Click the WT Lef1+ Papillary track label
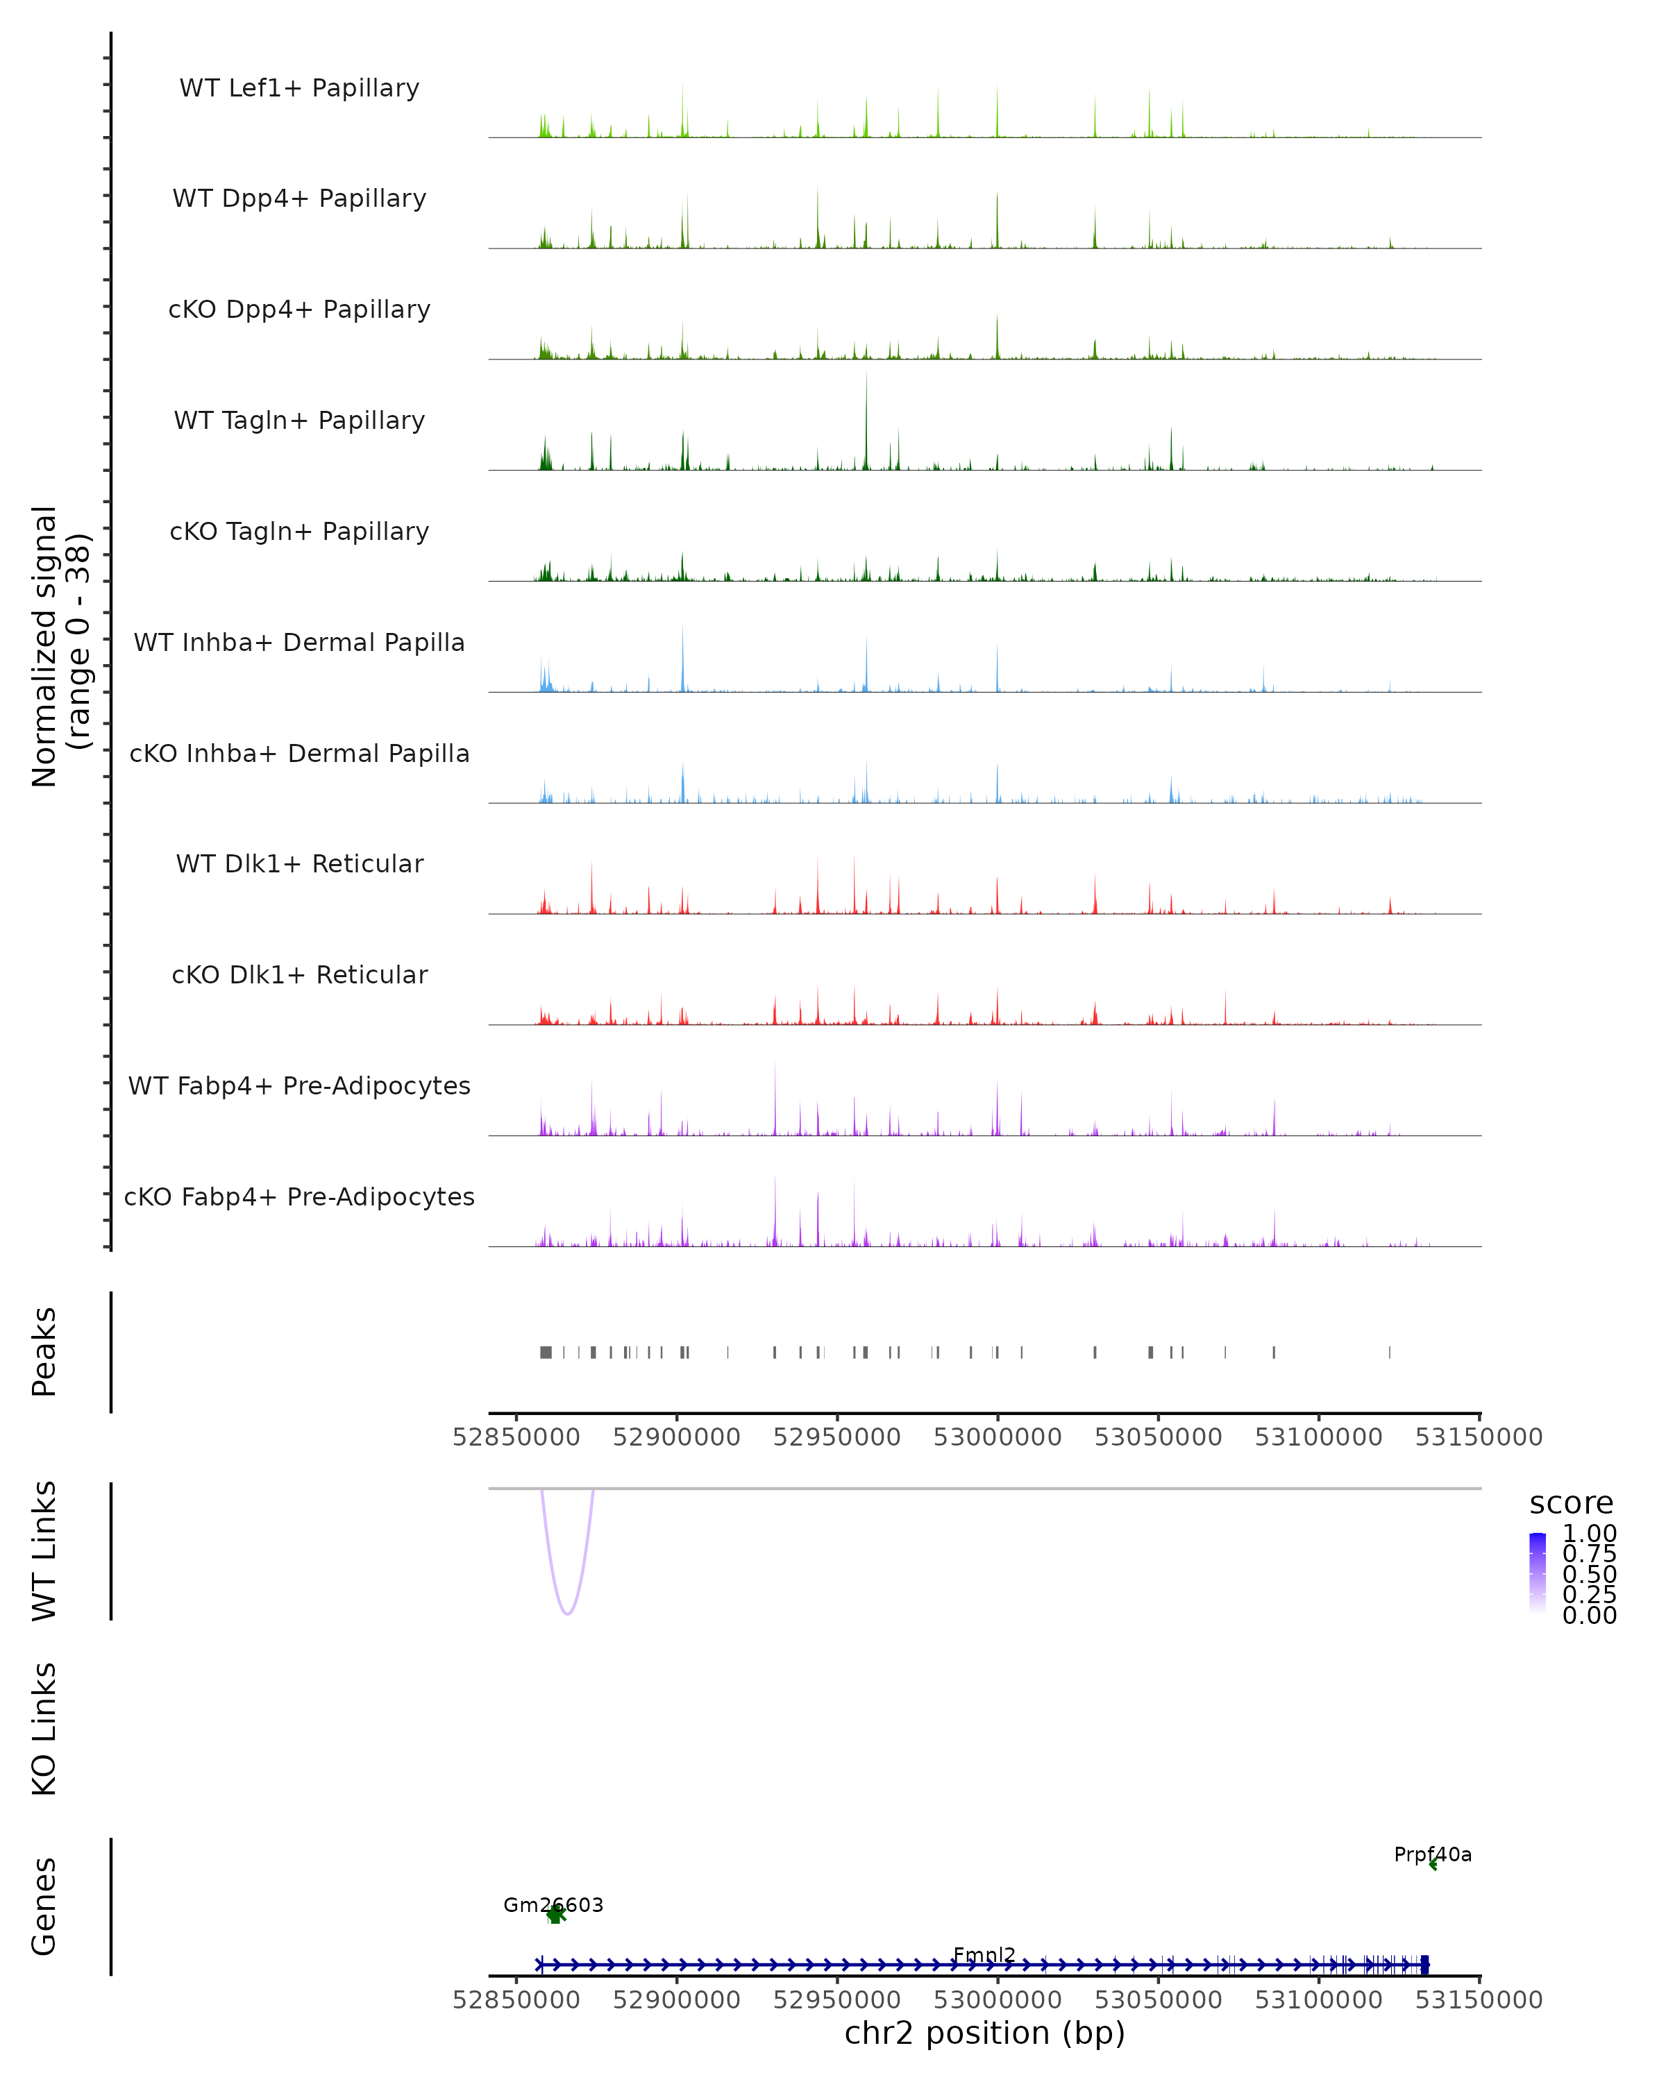[299, 88]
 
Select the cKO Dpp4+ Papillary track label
[299, 309]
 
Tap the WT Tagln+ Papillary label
[299, 420]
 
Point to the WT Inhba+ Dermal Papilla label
[299, 642]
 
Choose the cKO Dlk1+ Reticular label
[299, 974]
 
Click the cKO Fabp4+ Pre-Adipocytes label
[299, 1196]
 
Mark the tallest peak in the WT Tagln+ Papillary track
[866, 377]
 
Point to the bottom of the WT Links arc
[568, 1613]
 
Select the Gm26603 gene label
[553, 1905]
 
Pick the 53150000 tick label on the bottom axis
[1479, 2000]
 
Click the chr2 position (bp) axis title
[984, 2033]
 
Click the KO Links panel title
[44, 1729]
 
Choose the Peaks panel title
[44, 1352]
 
